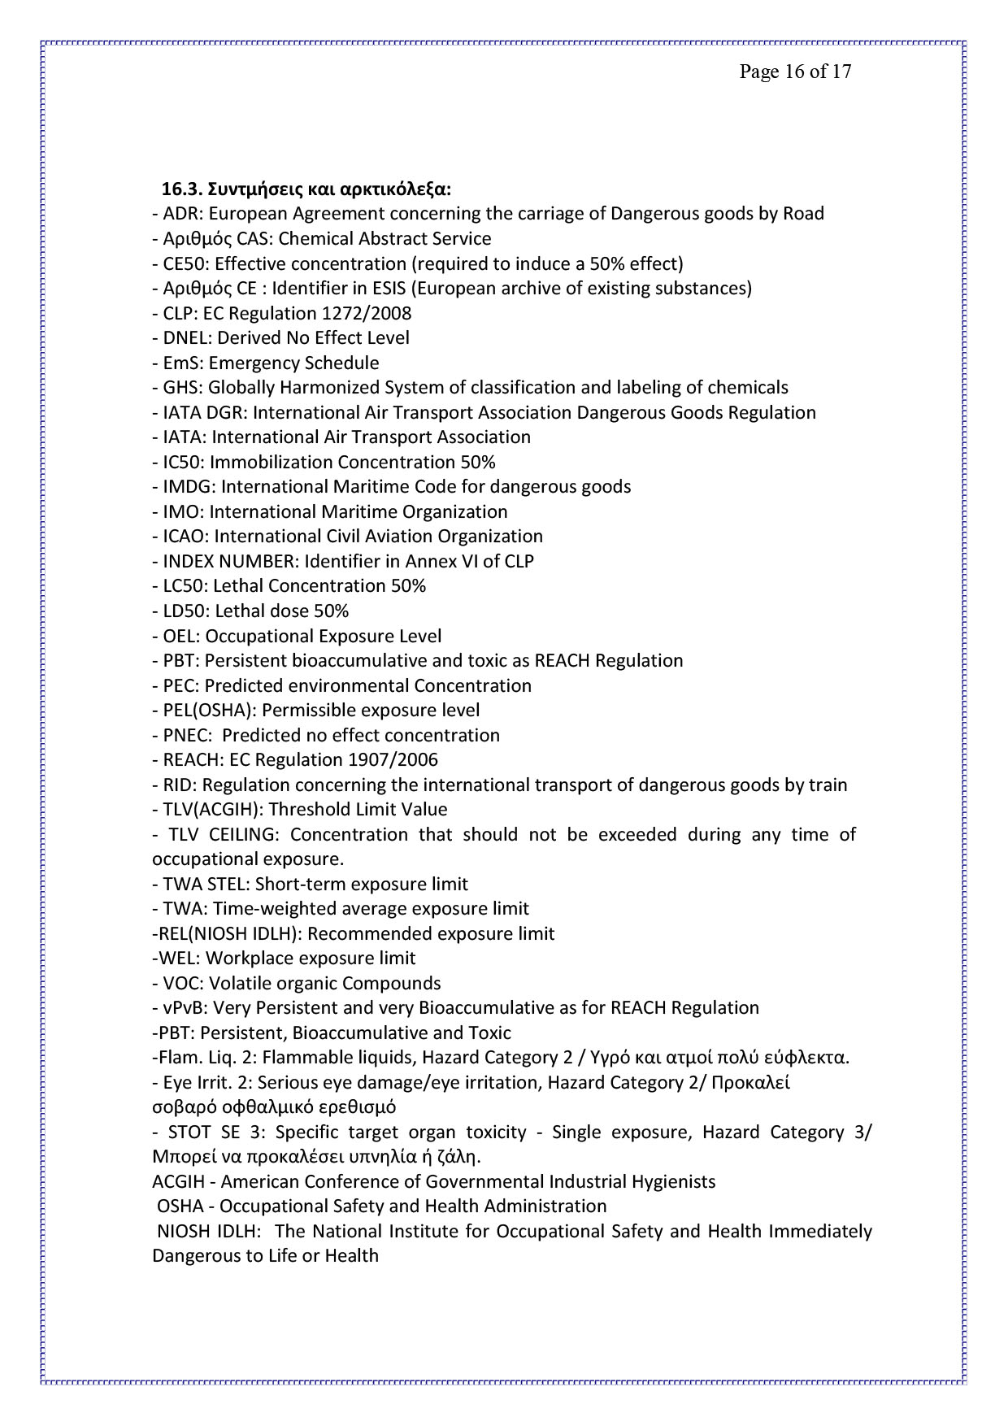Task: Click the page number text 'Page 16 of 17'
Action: click(795, 72)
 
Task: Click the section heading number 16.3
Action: click(181, 189)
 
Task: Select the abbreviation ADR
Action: click(179, 214)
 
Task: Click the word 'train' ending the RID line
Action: click(828, 785)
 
